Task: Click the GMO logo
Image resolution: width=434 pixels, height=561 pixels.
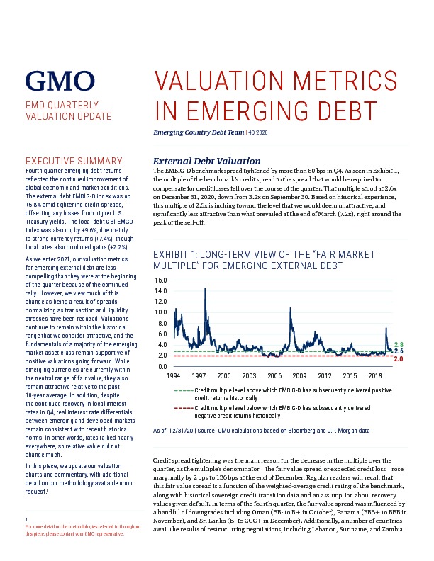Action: pos(60,81)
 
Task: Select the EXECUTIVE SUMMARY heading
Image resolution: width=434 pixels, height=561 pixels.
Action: pos(74,161)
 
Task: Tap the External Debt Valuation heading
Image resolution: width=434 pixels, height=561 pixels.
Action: pos(206,161)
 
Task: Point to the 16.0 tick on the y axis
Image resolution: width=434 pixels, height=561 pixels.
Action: pos(160,280)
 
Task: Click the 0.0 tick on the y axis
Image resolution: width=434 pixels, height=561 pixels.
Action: pos(162,366)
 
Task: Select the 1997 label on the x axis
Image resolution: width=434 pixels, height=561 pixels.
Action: pos(199,375)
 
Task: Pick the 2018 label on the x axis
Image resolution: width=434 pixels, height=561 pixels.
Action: pos(375,375)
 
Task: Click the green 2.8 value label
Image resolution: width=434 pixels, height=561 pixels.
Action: pos(399,344)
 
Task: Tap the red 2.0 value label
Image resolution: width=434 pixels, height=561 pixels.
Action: pos(399,359)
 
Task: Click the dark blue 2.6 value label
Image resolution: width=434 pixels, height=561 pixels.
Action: pos(399,351)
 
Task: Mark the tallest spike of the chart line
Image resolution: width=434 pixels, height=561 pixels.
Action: pos(205,288)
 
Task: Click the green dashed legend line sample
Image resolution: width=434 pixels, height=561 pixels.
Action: pos(184,390)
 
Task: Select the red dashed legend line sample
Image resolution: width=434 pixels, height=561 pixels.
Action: pos(184,408)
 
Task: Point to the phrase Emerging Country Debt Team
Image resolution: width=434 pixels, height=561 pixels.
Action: pos(199,132)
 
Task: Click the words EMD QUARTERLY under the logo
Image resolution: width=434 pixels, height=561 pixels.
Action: pos(62,105)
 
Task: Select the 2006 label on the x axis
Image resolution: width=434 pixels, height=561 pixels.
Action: pos(274,375)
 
